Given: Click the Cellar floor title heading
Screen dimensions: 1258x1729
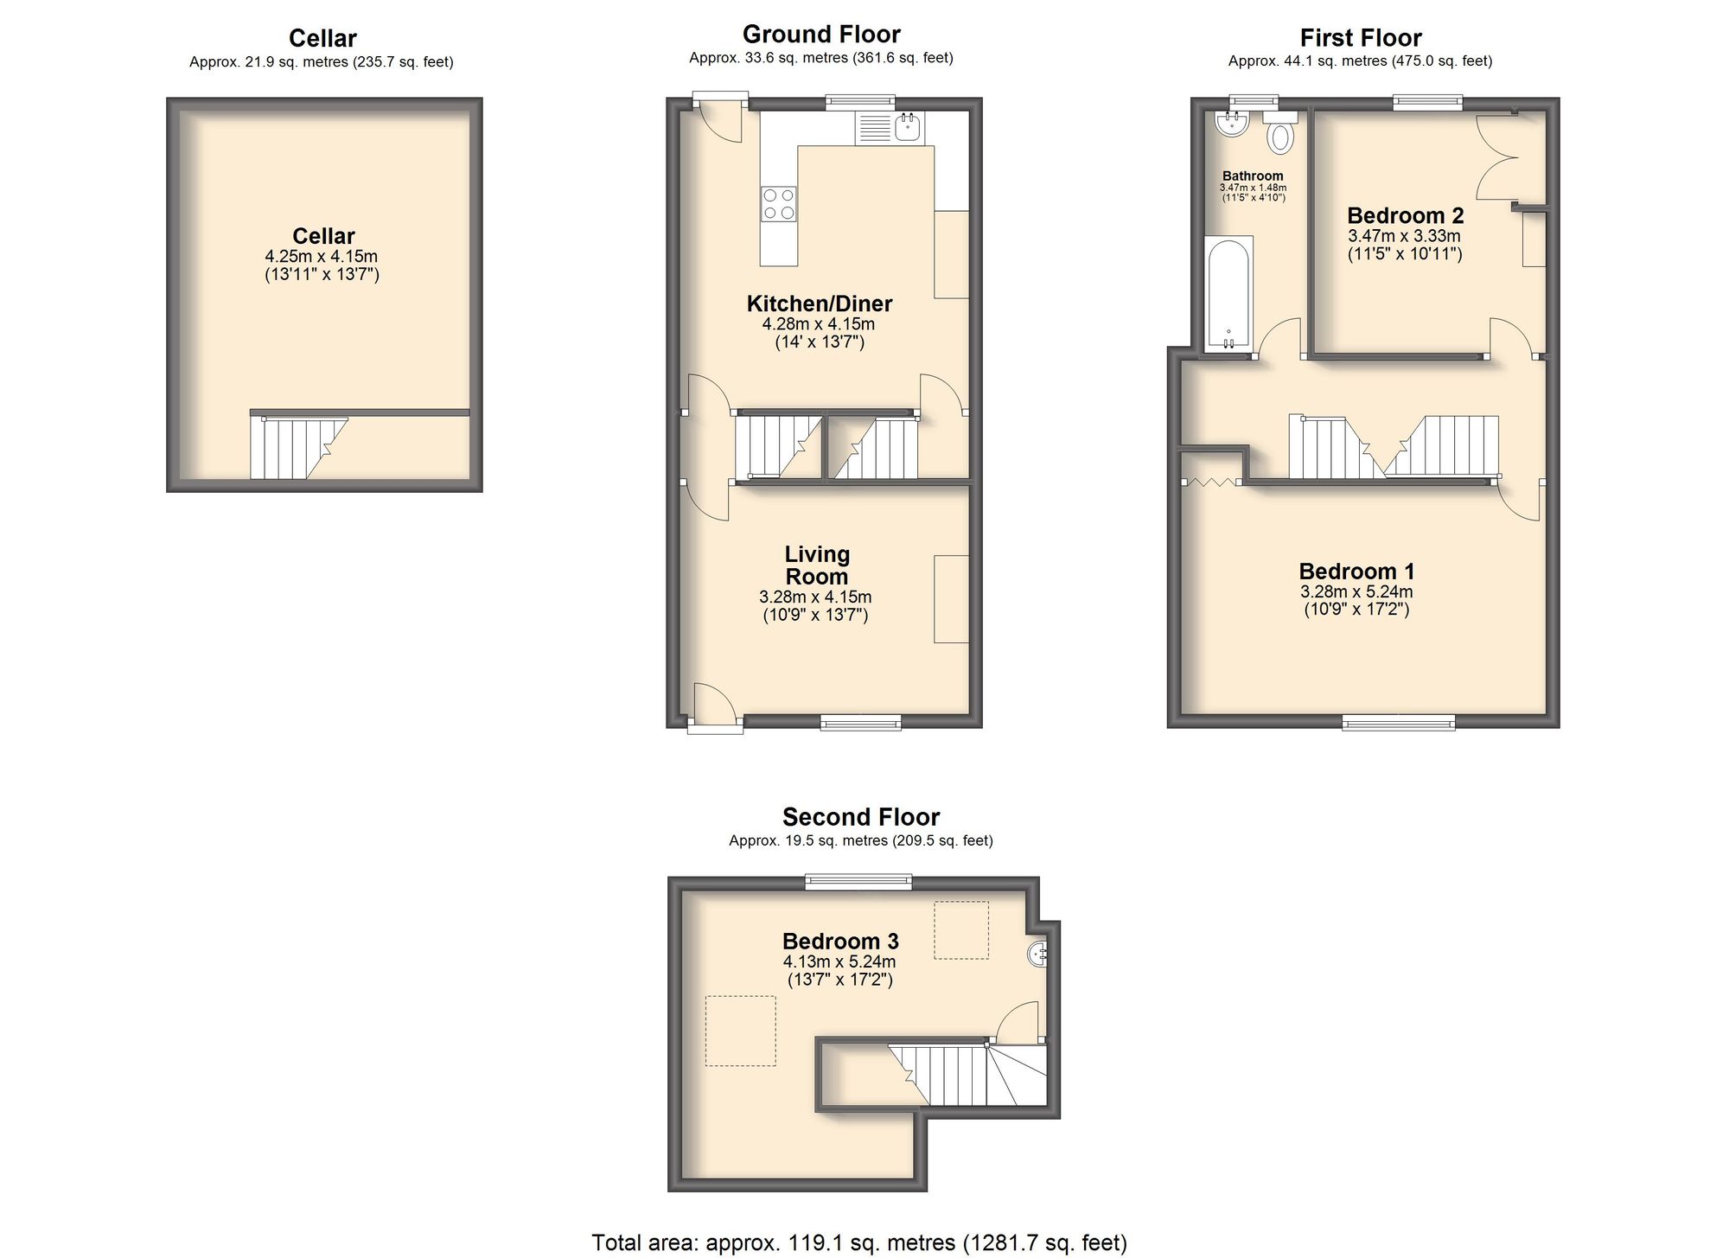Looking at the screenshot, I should point(322,38).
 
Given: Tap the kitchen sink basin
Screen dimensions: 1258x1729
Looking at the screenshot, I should point(908,128).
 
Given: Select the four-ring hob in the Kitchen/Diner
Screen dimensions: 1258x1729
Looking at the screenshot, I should point(778,204).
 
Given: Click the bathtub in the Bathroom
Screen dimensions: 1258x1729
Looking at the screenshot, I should point(1228,294).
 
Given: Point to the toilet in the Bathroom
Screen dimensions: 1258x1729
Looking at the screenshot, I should point(1280,136).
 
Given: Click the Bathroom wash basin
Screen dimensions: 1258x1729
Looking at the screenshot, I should point(1230,125).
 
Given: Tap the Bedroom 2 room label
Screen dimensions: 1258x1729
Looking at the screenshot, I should point(1405,215).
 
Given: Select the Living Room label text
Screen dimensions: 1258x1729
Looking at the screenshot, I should point(817,565).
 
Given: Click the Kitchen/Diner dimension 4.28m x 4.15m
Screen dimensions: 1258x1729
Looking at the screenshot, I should point(818,324).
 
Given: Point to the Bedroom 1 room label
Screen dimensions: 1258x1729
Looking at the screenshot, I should point(1356,572).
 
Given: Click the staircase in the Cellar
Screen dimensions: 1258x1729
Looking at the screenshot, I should point(294,448).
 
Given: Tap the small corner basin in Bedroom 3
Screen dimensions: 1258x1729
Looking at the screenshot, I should point(1037,955).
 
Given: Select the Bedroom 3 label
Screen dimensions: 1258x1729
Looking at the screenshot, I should point(840,941).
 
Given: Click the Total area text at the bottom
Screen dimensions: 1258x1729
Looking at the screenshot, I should point(858,1243).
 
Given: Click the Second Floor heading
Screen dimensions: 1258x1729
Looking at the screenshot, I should point(861,817).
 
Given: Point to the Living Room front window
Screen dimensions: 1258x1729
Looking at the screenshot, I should point(860,722).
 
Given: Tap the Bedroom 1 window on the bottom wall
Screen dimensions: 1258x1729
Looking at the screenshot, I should point(1398,723).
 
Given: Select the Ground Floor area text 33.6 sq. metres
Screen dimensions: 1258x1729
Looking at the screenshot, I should point(820,58).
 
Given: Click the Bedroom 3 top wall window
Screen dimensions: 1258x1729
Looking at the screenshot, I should point(858,881).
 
